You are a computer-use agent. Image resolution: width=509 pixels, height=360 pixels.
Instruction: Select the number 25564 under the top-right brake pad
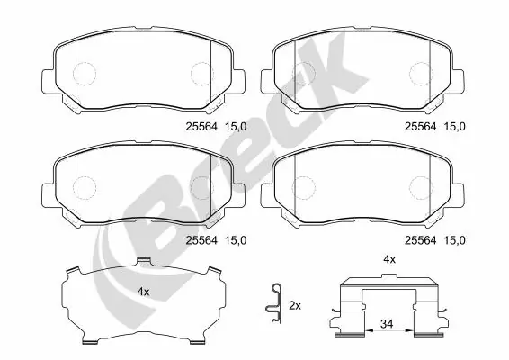421,127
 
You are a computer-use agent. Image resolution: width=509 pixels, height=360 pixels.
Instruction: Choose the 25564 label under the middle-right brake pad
421,240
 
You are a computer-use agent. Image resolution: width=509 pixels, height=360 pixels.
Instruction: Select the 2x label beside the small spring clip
294,306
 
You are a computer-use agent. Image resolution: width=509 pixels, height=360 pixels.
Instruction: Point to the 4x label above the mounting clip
389,259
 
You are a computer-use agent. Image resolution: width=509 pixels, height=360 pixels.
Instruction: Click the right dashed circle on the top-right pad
421,73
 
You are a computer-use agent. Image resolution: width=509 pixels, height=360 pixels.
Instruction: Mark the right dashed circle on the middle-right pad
421,185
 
